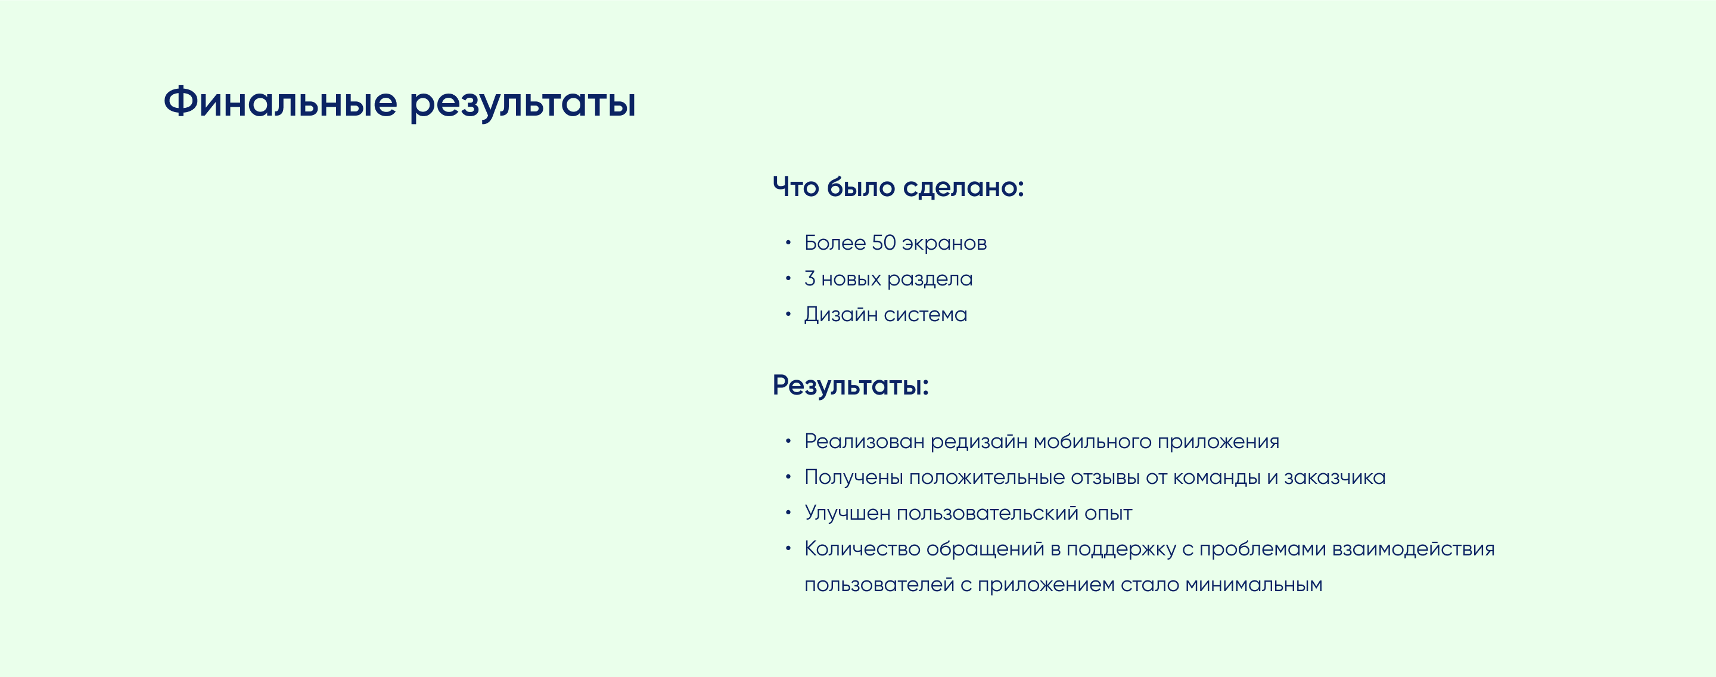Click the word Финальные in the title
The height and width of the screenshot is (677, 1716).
click(281, 103)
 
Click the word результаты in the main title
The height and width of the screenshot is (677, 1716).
click(523, 104)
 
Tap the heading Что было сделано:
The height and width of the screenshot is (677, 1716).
click(897, 187)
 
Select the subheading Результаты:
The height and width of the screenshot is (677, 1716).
click(850, 386)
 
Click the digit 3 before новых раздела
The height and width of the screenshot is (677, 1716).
click(809, 278)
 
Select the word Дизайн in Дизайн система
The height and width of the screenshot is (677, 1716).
click(841, 315)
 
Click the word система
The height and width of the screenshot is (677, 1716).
click(925, 315)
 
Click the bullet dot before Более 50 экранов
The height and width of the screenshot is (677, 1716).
click(788, 243)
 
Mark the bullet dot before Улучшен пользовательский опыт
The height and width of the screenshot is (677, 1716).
click(788, 513)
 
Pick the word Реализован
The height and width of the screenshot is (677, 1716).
click(864, 442)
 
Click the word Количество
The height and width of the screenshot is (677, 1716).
click(862, 549)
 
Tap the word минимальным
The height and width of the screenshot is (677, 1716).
click(1253, 585)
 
